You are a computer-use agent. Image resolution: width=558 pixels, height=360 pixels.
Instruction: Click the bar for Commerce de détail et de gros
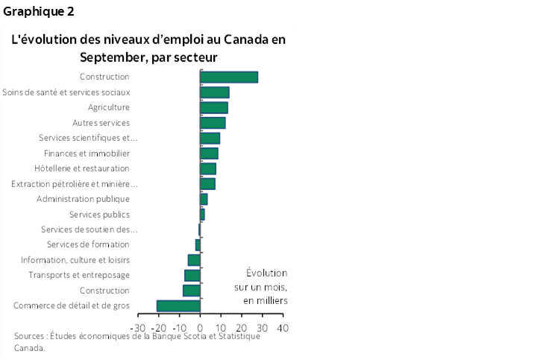coord(178,306)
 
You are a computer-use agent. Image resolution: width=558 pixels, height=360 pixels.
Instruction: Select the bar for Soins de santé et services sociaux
coord(214,92)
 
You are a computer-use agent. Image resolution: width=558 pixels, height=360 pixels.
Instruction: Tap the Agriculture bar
coord(213,107)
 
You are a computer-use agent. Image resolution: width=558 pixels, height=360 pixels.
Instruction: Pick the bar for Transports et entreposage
coord(192,275)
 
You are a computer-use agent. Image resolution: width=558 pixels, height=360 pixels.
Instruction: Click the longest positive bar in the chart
coord(228,77)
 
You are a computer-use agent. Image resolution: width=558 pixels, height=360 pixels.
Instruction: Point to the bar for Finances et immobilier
coord(209,153)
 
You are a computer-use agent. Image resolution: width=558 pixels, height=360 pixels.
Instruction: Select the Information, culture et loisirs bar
coord(194,259)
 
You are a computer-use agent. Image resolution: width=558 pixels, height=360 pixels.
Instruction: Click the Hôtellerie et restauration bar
coord(207,168)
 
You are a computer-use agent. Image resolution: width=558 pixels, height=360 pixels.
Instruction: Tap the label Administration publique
coord(83,199)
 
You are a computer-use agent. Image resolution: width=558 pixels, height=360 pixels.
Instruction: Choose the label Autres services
coord(101,122)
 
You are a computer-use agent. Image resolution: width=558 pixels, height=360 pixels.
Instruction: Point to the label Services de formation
coord(88,244)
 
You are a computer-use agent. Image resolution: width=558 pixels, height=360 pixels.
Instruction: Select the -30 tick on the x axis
coord(138,327)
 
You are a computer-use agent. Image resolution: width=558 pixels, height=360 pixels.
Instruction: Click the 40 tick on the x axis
coord(282,327)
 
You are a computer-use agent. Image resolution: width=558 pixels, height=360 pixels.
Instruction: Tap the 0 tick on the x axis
coord(200,327)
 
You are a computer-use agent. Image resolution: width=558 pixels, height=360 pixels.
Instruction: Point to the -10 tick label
coord(179,327)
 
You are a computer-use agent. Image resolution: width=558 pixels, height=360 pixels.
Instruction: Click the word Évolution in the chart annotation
coord(266,273)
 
